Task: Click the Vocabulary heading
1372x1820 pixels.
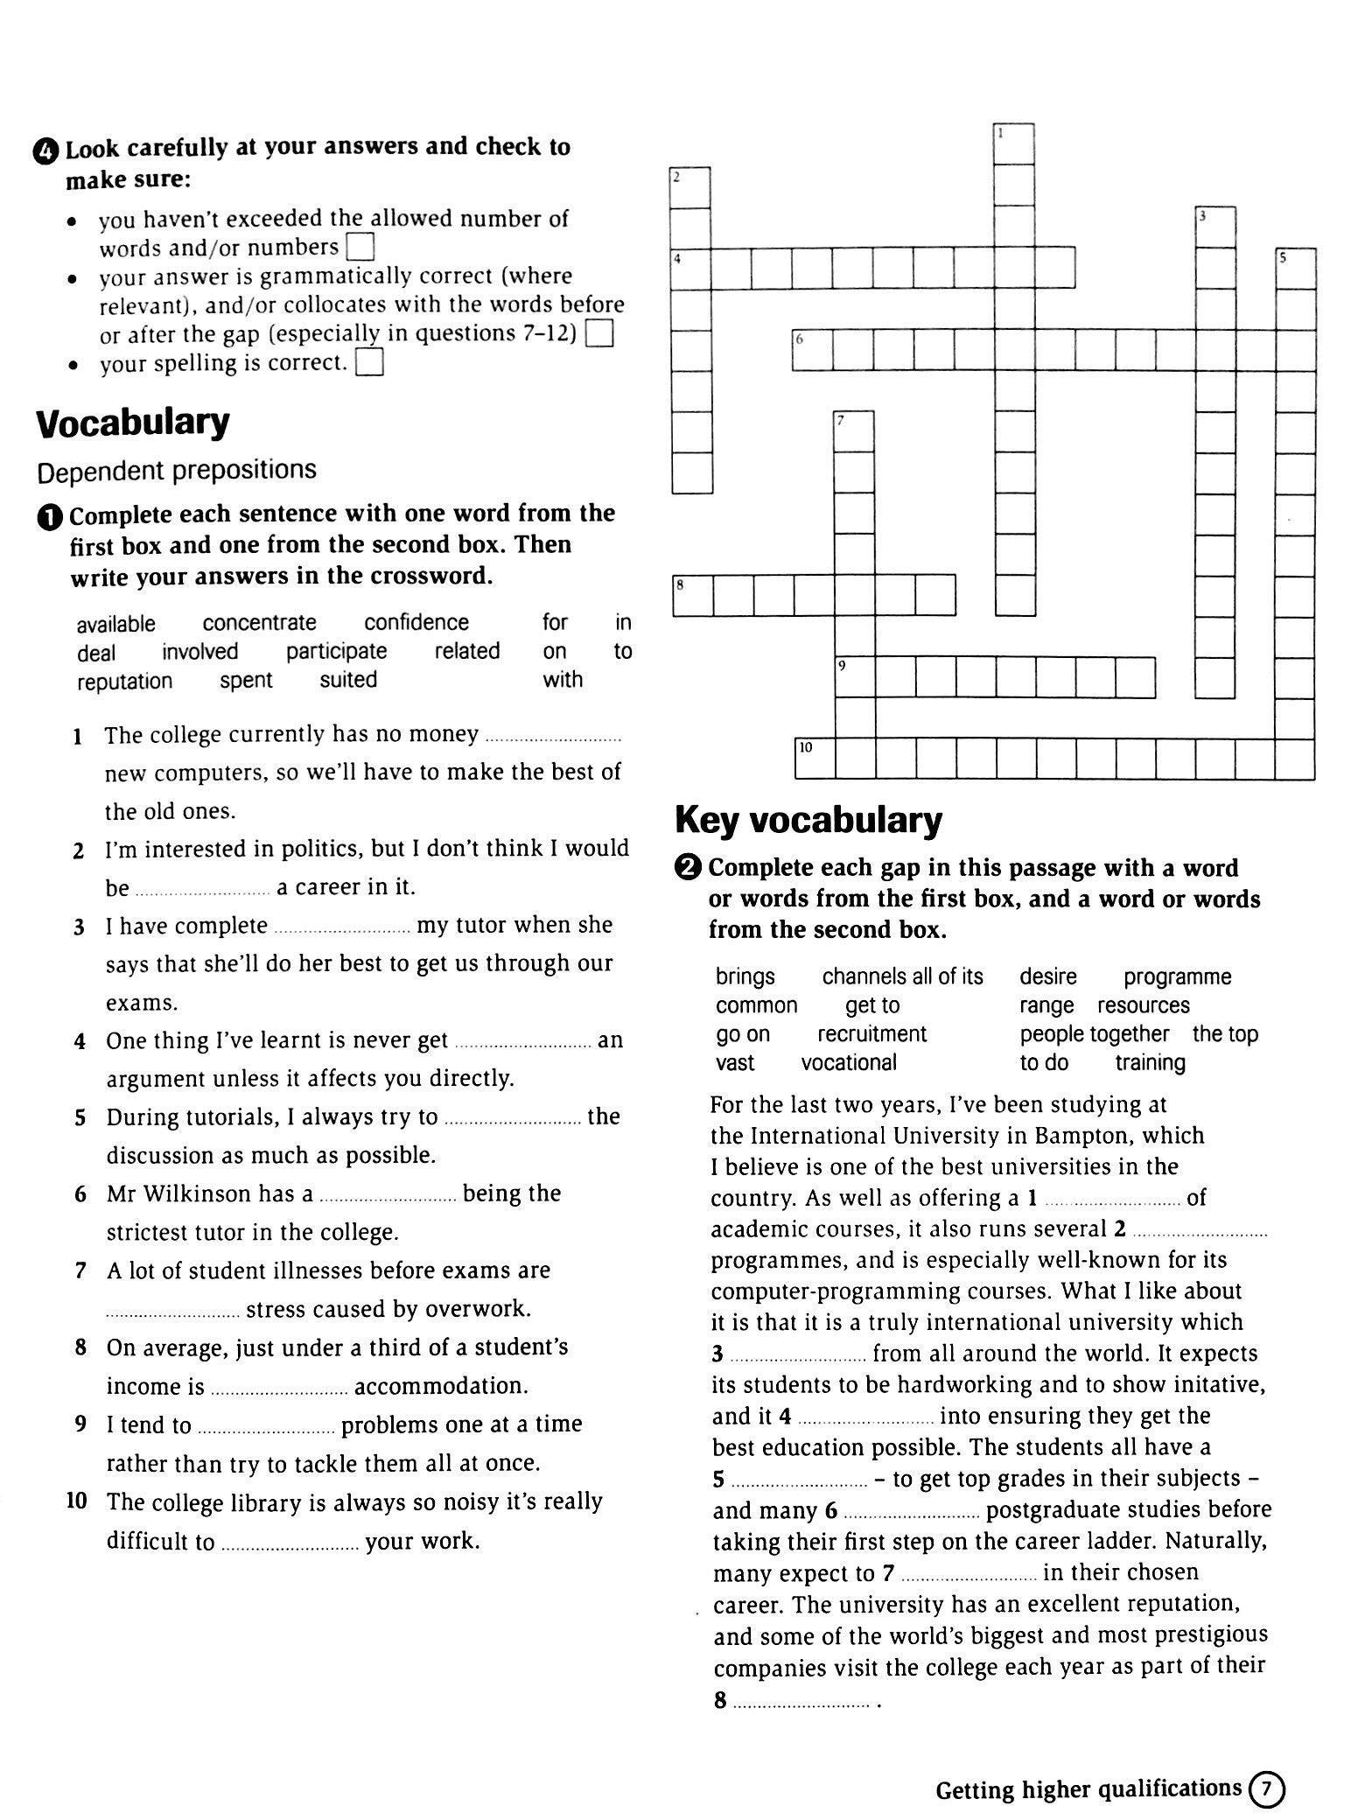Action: (133, 423)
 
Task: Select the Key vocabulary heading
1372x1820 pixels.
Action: (808, 821)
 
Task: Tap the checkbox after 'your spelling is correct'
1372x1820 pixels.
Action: (371, 362)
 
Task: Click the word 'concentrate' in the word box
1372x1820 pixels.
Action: (259, 623)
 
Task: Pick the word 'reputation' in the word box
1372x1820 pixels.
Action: (124, 682)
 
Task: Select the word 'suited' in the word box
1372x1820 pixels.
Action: (348, 680)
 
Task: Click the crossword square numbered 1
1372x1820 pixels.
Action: (1015, 144)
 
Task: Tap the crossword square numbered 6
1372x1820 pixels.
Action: (813, 350)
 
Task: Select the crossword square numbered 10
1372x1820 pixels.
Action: (815, 759)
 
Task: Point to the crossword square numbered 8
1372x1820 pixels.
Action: (693, 595)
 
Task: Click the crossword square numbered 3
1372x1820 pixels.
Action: (1216, 227)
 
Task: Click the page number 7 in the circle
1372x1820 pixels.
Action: (1266, 1788)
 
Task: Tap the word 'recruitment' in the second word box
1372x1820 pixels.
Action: (871, 1034)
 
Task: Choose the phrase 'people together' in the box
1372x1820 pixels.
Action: (1094, 1034)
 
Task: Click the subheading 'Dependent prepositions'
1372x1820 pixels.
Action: (176, 471)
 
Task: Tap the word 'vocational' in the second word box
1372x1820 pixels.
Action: (849, 1063)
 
